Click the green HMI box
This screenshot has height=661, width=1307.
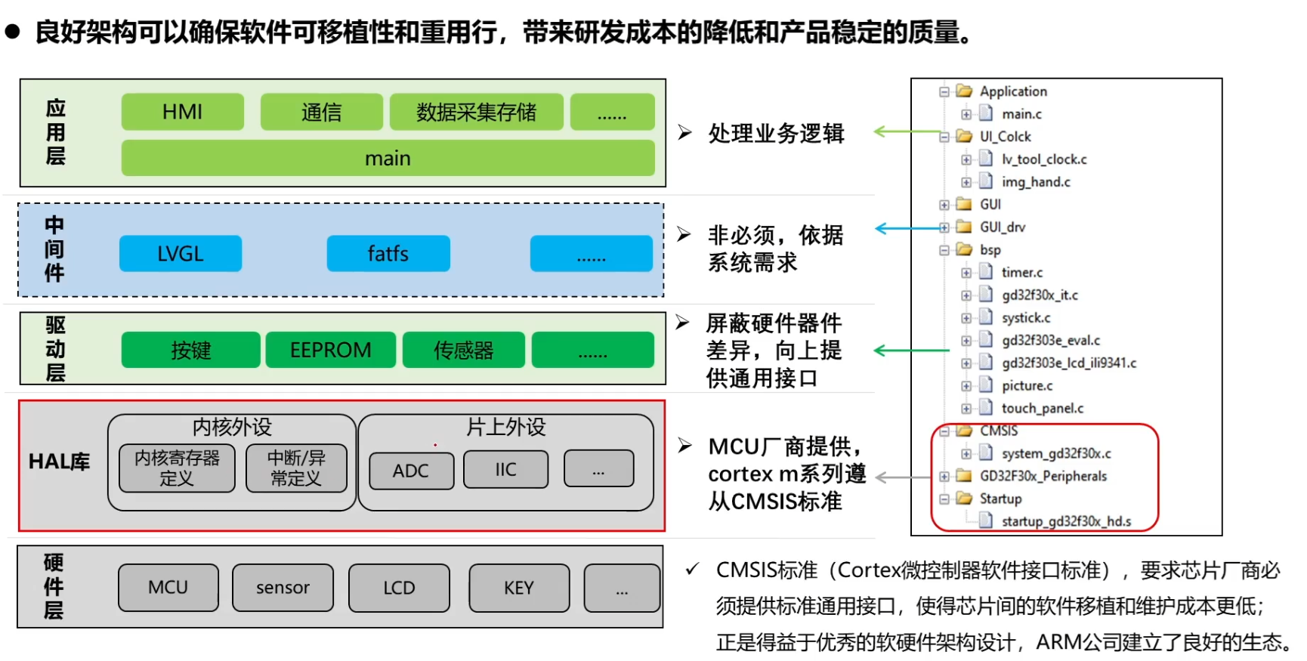tap(182, 112)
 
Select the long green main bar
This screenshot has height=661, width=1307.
tap(388, 158)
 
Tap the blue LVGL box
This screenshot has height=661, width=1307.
tap(181, 254)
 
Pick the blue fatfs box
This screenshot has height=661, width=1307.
tap(388, 254)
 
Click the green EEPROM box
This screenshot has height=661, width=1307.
tap(330, 350)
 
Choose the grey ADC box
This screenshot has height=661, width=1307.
tap(411, 471)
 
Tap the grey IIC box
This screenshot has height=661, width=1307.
tap(505, 469)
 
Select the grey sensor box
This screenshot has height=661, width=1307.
tap(283, 588)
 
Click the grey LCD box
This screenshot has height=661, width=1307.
tap(399, 588)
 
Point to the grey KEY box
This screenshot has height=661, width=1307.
tap(519, 588)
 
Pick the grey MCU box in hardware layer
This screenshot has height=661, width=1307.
tap(168, 588)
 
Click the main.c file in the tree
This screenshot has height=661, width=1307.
tap(1021, 114)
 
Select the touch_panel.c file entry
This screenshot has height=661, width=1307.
tap(1042, 409)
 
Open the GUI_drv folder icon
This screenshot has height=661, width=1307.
tap(964, 227)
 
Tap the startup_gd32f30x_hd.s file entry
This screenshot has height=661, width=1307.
tap(1065, 521)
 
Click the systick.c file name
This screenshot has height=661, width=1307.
tap(1026, 318)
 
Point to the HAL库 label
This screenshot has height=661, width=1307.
tap(59, 462)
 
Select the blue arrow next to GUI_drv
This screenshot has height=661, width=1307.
tap(907, 228)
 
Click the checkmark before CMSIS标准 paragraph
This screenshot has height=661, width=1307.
tap(692, 569)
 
